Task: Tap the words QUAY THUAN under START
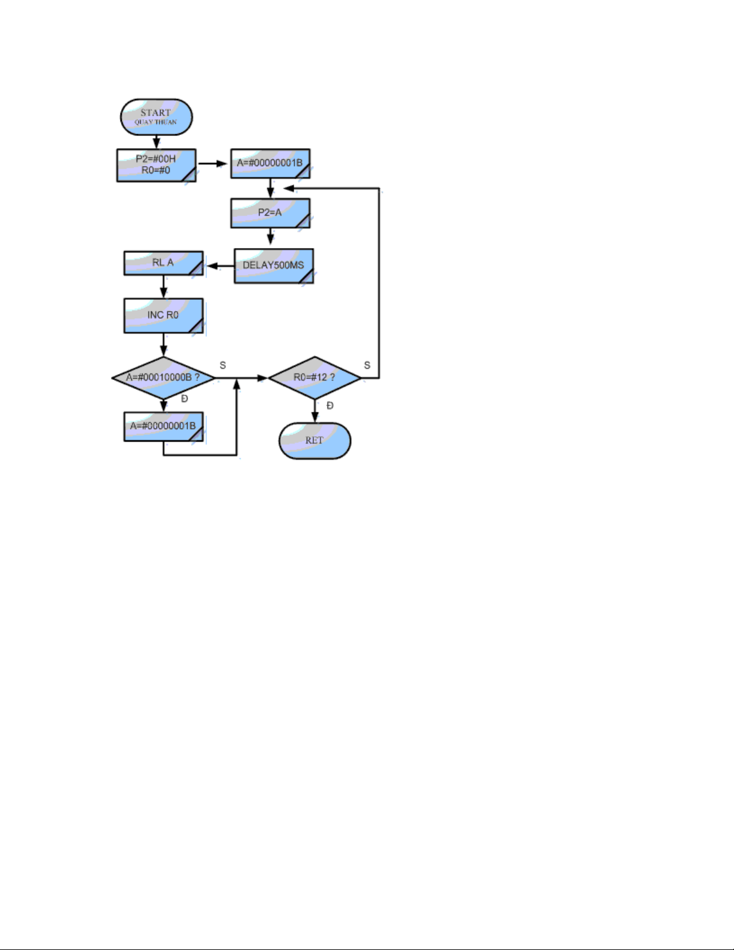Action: point(155,122)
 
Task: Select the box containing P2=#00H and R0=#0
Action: point(156,165)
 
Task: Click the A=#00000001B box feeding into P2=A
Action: point(270,162)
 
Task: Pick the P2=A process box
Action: point(270,213)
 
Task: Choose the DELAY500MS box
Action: point(273,265)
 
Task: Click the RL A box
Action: point(163,263)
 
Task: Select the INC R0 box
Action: point(163,315)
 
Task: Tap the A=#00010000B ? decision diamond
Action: point(163,378)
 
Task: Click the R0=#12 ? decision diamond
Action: point(315,378)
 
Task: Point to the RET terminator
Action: point(315,441)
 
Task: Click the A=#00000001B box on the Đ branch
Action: point(163,426)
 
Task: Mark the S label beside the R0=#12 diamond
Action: point(367,365)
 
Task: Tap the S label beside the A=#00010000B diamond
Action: point(223,365)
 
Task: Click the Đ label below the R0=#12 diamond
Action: point(330,406)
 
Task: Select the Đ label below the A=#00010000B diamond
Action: point(185,399)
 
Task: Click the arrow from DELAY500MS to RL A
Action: point(220,266)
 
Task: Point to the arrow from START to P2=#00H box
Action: point(156,141)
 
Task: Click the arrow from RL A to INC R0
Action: point(164,286)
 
